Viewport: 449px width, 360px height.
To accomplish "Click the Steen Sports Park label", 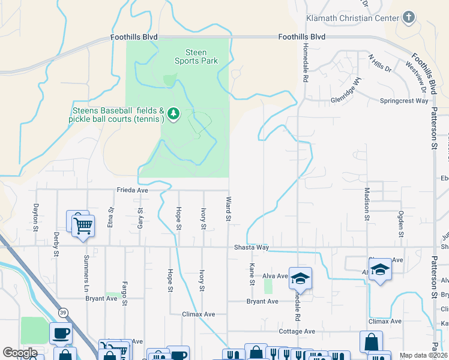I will point(196,56).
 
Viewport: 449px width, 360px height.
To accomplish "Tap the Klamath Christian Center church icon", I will point(408,17).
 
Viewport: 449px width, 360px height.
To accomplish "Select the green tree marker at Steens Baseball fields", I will point(173,113).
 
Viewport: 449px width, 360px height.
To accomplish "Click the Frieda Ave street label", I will point(132,190).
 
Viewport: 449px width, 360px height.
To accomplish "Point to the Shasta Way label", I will point(250,247).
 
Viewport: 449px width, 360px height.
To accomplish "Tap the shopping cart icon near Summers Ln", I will point(82,226).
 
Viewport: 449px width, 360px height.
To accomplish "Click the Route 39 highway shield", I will point(62,313).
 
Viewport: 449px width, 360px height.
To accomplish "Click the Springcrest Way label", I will point(404,101).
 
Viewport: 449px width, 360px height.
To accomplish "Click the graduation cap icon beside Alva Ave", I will point(300,278).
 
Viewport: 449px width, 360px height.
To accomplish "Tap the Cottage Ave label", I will point(297,331).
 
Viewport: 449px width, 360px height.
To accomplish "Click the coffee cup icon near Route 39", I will point(62,333).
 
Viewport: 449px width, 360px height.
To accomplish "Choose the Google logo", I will point(20,353).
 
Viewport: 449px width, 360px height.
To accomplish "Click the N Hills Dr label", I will point(380,64).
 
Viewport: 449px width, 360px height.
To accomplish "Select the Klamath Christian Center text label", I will point(352,18).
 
